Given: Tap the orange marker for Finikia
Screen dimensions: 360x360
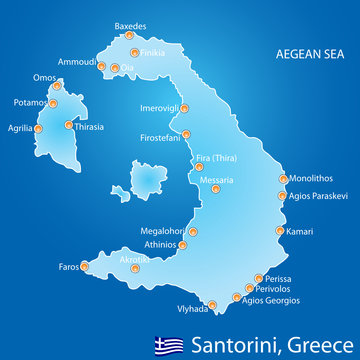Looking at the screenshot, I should click(133, 53).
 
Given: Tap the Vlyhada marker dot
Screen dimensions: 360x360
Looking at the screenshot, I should click(212, 307).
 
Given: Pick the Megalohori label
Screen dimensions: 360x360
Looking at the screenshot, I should click(161, 230).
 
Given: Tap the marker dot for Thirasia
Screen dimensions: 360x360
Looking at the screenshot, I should click(68, 126).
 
